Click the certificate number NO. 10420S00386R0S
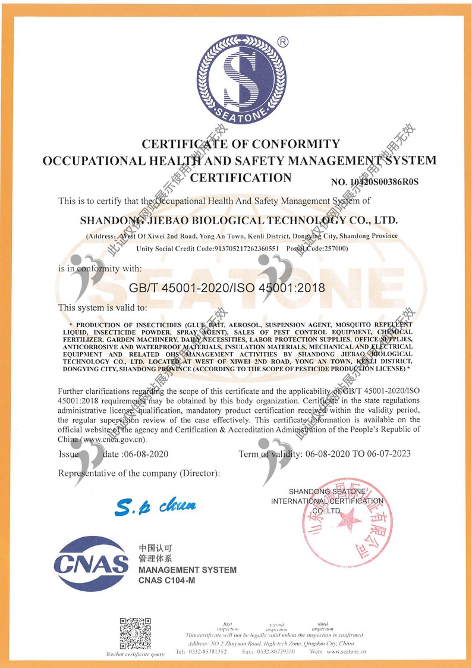(x=375, y=181)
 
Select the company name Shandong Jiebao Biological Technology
(x=238, y=220)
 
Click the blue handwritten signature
(x=155, y=506)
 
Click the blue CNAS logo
(x=91, y=563)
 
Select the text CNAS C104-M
(x=166, y=581)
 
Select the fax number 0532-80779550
(x=275, y=652)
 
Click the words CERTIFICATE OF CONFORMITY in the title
(x=241, y=144)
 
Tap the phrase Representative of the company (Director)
(x=139, y=473)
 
